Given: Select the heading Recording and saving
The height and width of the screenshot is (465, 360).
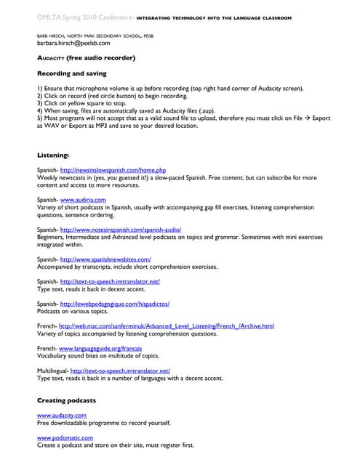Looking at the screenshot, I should coord(71,73).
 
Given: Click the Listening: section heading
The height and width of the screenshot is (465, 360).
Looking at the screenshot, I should coord(53,155).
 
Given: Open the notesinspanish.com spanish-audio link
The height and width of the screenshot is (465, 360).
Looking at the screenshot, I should coord(125,230).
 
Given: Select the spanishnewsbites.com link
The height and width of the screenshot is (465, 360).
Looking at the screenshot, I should coord(105,259).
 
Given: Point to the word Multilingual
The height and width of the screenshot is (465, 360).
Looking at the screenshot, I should coord(52,371).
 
